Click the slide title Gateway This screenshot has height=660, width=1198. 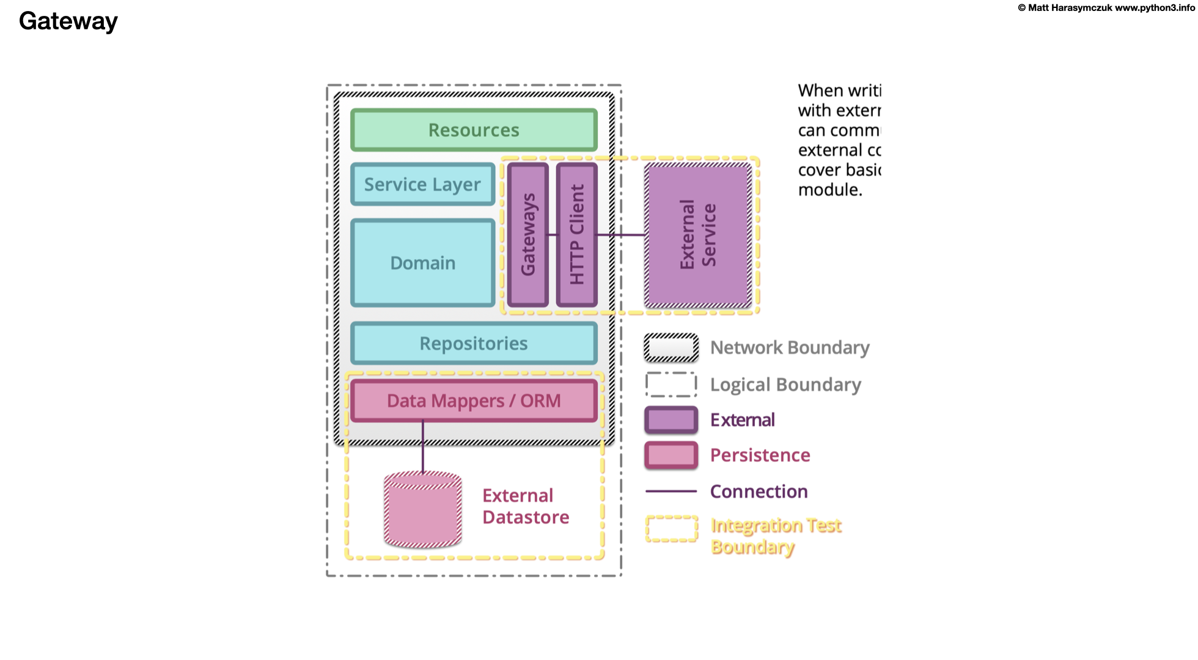[x=68, y=21]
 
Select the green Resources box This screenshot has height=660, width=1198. [x=474, y=130]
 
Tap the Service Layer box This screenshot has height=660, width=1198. [x=422, y=185]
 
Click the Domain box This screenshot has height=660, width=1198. [x=422, y=263]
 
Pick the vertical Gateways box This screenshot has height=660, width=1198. [x=528, y=235]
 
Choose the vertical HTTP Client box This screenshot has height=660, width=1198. [x=577, y=235]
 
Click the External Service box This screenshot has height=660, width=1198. [x=698, y=235]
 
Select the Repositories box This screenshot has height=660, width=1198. [x=474, y=343]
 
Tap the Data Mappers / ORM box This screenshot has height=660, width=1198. [x=474, y=401]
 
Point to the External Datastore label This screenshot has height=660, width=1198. [x=525, y=506]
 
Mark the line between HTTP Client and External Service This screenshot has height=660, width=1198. [x=621, y=235]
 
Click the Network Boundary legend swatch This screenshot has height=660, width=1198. [x=671, y=348]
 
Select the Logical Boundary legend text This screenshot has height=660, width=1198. [x=785, y=384]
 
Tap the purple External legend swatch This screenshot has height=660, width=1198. [x=671, y=420]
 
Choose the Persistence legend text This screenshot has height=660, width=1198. [x=760, y=455]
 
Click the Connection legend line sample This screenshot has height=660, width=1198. [x=671, y=491]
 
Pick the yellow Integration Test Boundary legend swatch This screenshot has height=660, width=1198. [x=671, y=529]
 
